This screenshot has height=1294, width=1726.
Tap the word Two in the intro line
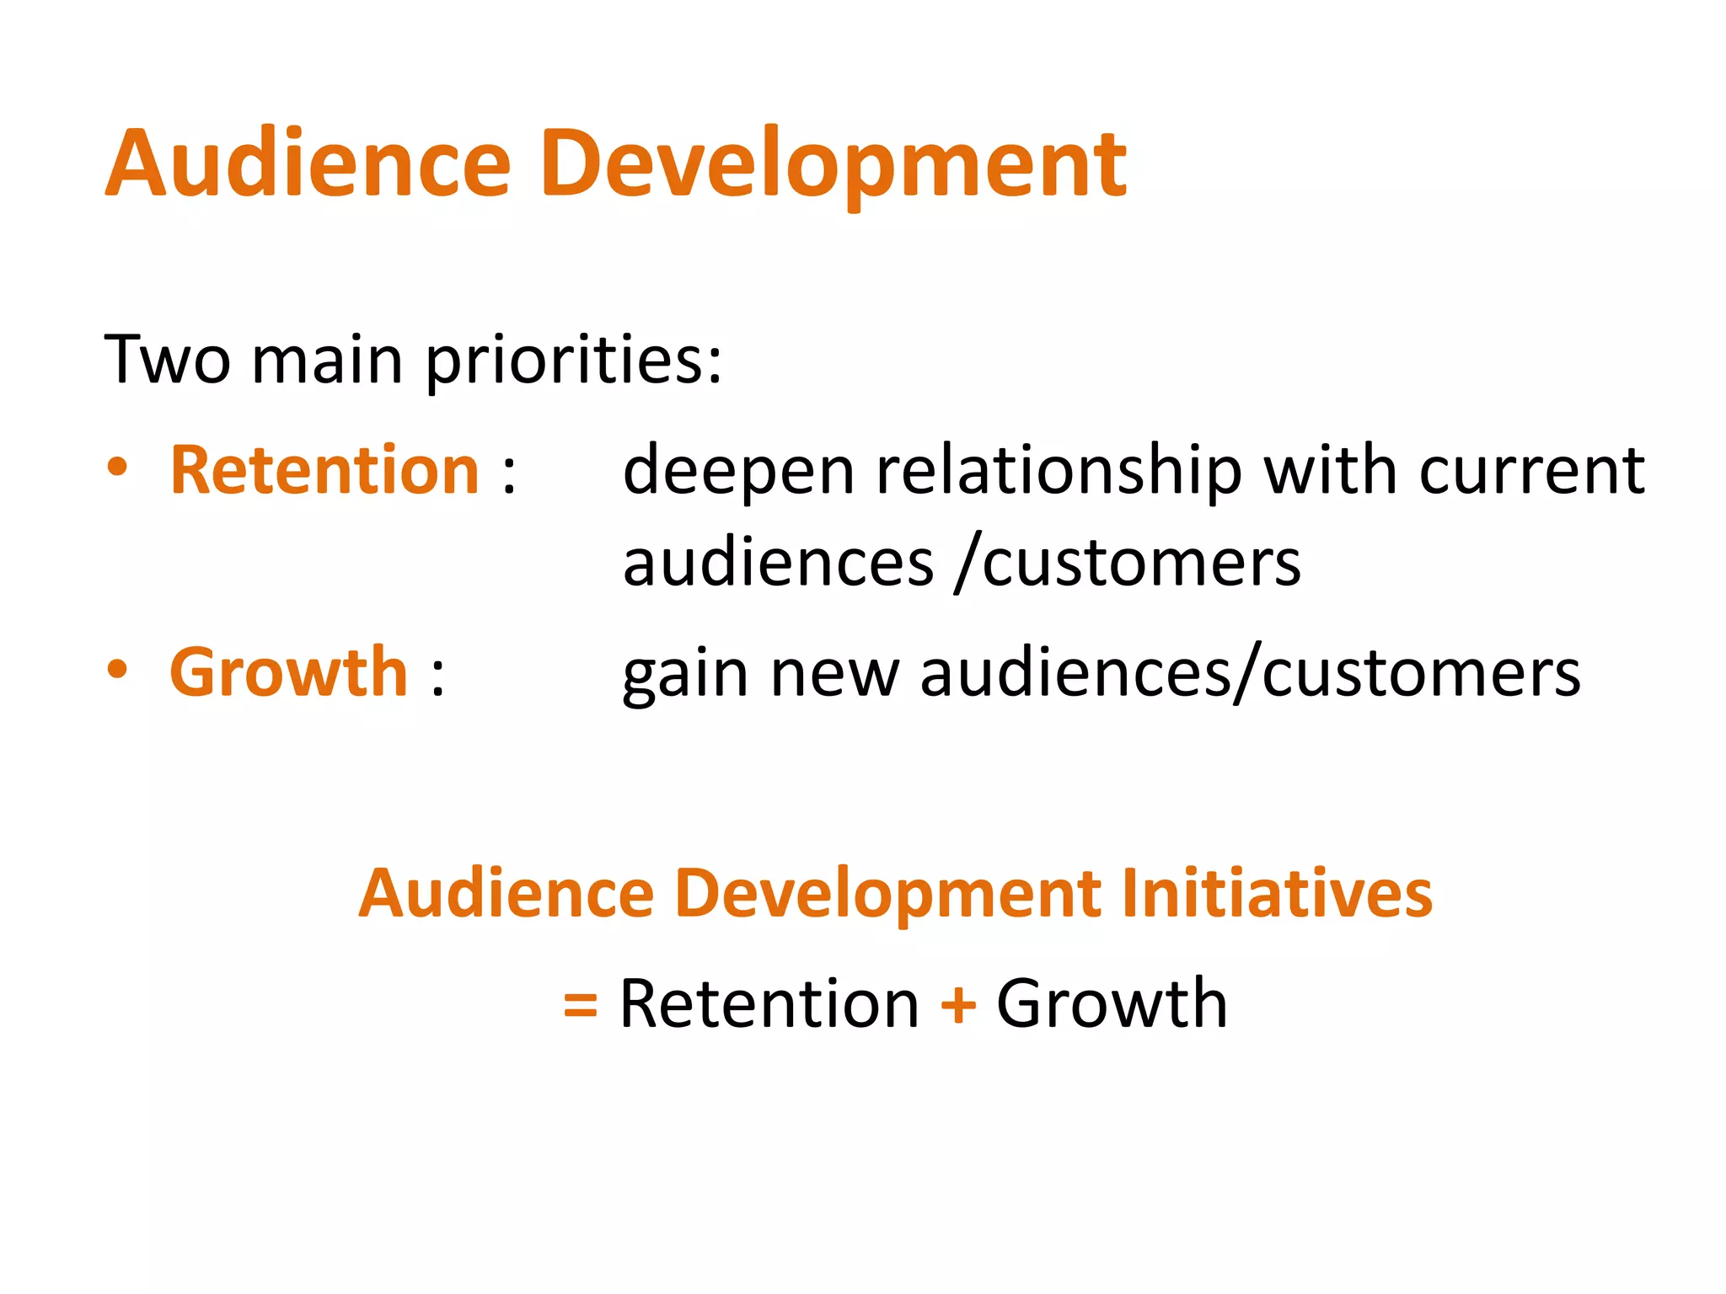tap(167, 360)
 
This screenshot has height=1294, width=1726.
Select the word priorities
tap(573, 362)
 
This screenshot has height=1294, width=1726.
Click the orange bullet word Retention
tap(325, 470)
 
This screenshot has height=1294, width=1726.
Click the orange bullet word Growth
tap(289, 672)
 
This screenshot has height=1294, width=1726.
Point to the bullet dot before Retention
tap(118, 468)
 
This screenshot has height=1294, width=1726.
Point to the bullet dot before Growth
tap(118, 671)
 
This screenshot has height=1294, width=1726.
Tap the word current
tap(1531, 470)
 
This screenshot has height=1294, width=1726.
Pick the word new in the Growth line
tap(834, 674)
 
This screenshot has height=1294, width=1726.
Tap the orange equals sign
tap(580, 1005)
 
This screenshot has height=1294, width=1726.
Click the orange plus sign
tap(958, 1004)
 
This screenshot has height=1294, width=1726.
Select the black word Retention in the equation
tap(769, 1003)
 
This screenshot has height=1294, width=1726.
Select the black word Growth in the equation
tap(1112, 1003)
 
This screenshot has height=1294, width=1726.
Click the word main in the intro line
tap(327, 360)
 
